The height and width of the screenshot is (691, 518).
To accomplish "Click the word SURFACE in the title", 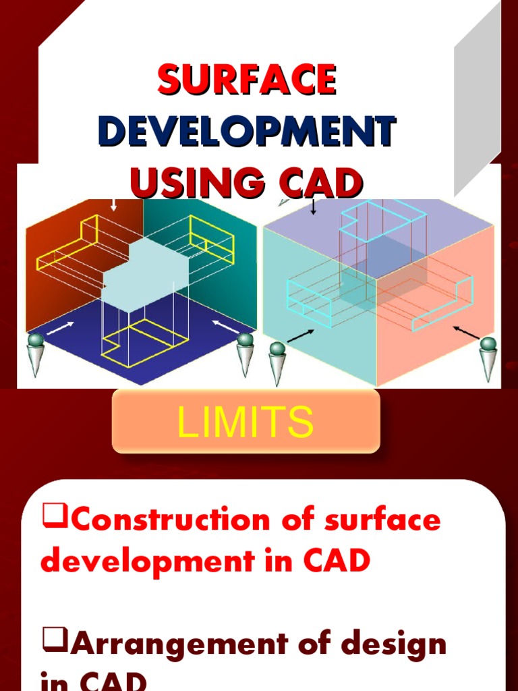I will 247,80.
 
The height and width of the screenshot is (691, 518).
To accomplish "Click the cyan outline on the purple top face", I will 382,220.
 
